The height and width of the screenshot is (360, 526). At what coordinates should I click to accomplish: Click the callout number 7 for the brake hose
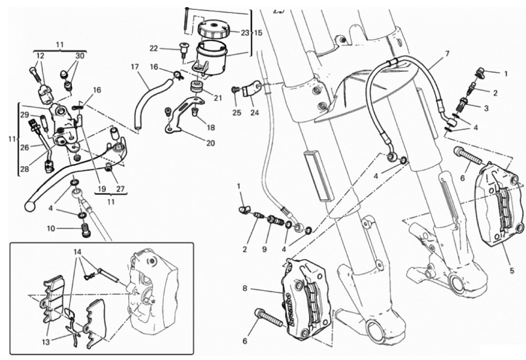tap(447, 53)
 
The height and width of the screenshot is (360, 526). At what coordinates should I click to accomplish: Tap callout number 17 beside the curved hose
tap(135, 67)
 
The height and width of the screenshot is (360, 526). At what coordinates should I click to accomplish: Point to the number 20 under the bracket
tap(210, 143)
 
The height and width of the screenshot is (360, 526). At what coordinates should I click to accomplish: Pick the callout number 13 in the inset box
tap(46, 342)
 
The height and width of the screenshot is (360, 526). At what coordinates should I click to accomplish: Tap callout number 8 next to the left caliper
tap(245, 288)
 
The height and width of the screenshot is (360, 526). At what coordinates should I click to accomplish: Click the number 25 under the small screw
tap(237, 113)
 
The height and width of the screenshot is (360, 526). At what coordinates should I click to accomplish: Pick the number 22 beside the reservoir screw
tap(154, 49)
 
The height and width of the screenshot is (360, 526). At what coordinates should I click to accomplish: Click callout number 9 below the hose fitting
tap(265, 249)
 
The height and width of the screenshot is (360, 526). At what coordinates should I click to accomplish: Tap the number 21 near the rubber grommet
tap(218, 98)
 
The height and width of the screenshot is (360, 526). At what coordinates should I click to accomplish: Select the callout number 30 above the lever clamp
tap(80, 56)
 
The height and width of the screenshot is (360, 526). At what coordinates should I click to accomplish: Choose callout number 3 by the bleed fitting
tap(486, 108)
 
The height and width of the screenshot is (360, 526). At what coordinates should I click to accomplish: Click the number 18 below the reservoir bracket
tap(211, 128)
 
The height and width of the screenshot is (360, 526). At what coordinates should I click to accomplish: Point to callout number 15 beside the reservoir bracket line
tap(258, 33)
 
